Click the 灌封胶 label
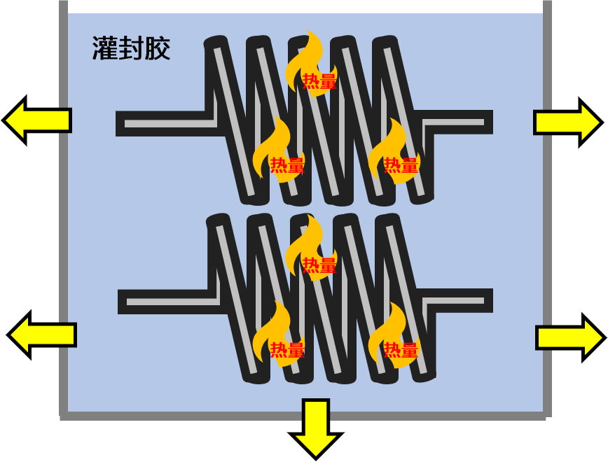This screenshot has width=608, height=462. (x=131, y=49)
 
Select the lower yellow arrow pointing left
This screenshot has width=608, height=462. (x=41, y=335)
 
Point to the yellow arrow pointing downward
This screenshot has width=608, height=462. (x=316, y=427)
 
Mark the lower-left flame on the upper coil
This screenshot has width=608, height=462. (x=277, y=153)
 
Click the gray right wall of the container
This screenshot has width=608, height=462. (x=547, y=210)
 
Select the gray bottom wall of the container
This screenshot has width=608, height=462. (x=301, y=416)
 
